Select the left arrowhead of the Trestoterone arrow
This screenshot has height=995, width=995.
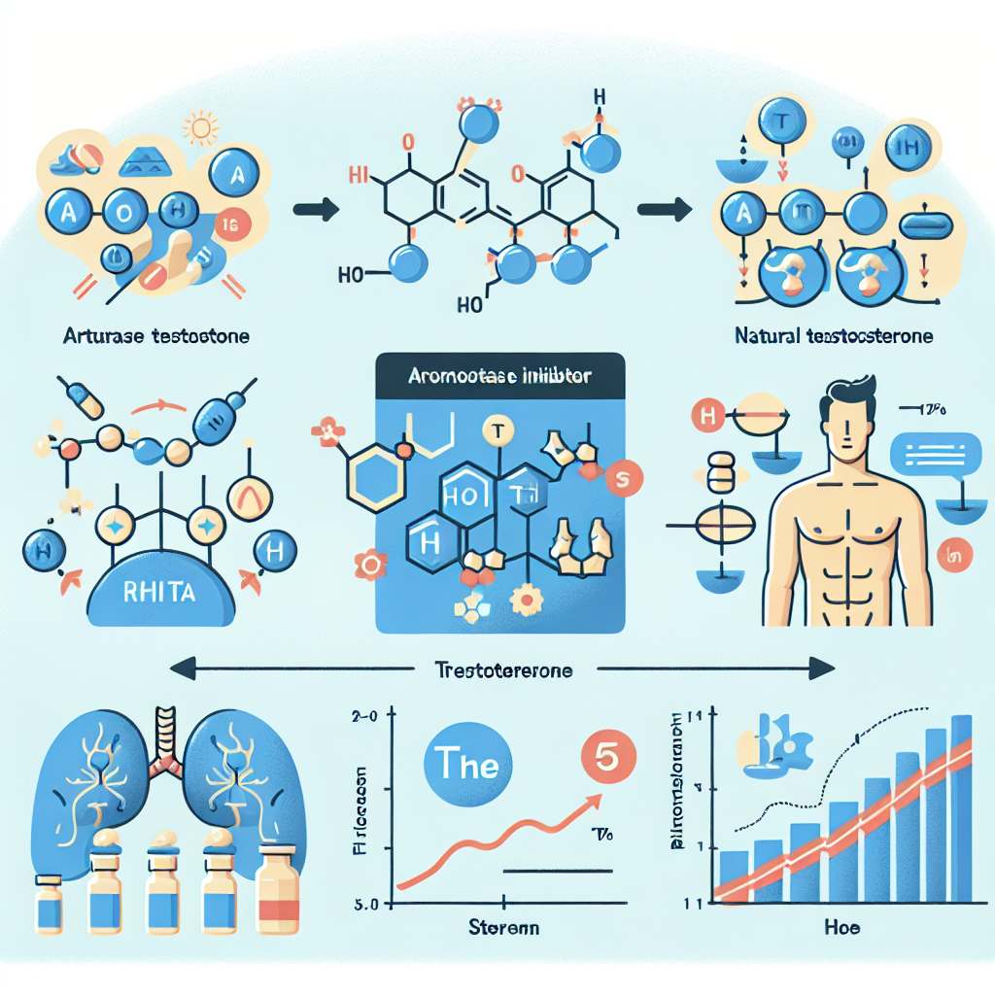183,669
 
